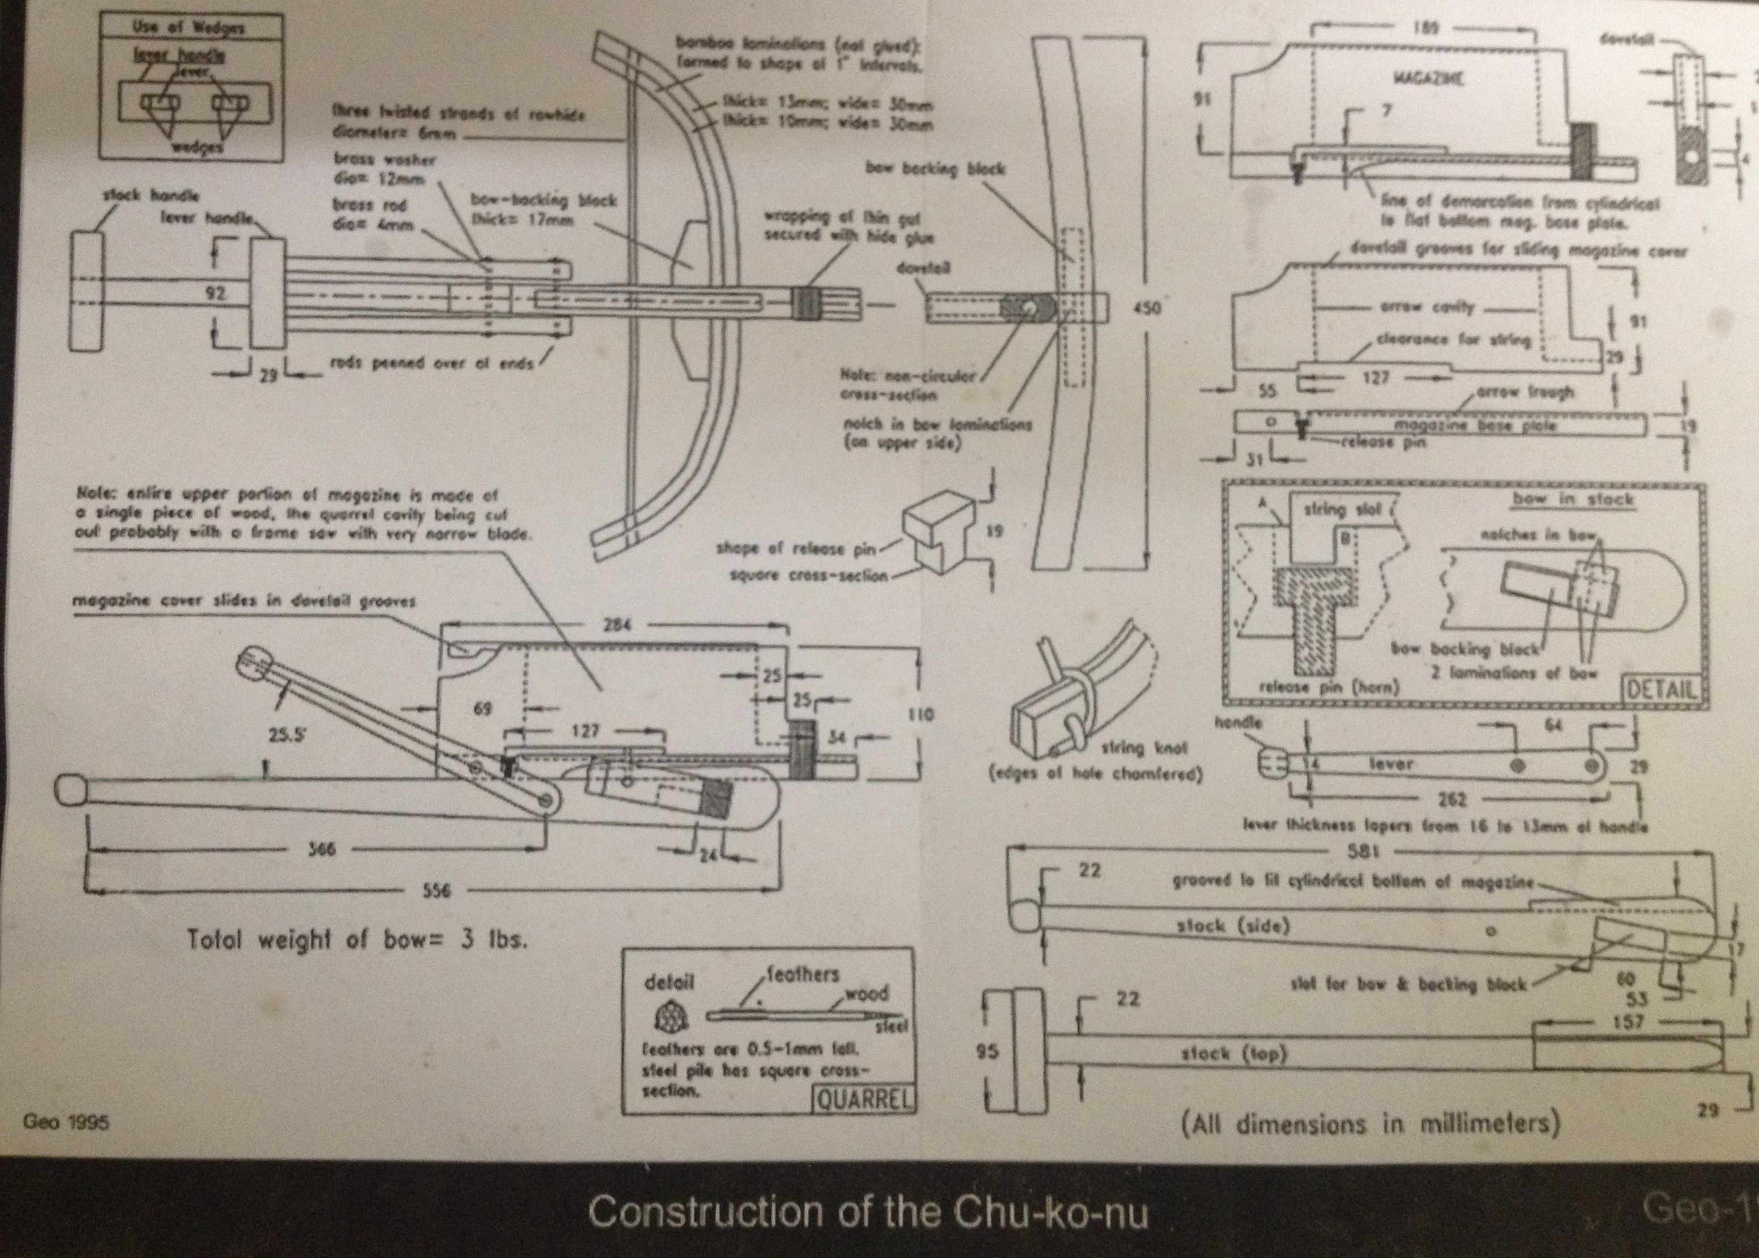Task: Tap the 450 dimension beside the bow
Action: coord(1147,309)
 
